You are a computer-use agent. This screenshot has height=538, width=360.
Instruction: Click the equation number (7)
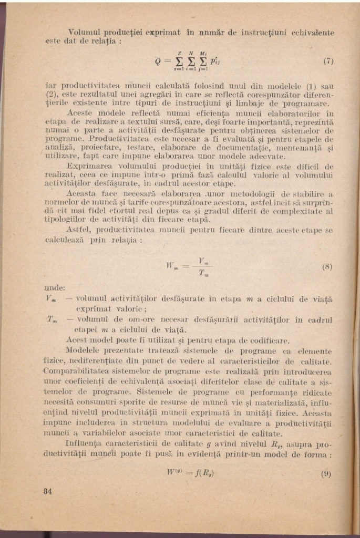tap(328, 60)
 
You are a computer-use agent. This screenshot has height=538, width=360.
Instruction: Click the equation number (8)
tap(327, 266)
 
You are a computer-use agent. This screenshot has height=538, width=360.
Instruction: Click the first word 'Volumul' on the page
tap(86, 32)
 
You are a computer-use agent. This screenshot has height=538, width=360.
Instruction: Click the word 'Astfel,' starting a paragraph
tap(79, 230)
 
